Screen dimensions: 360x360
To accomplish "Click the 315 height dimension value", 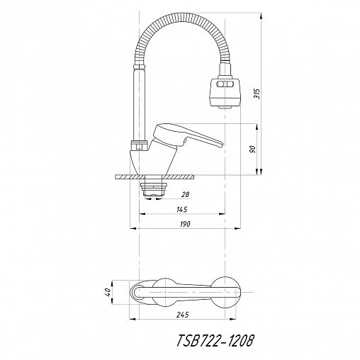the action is pyautogui.click(x=257, y=94).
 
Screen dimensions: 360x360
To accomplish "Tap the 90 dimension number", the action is pyautogui.click(x=252, y=150).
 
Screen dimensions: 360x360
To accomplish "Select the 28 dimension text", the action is pyautogui.click(x=186, y=195).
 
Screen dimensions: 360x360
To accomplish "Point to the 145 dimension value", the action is pyautogui.click(x=182, y=209).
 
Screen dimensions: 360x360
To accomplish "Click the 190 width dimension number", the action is pyautogui.click(x=184, y=224).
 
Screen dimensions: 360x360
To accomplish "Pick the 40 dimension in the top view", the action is pyautogui.click(x=108, y=293).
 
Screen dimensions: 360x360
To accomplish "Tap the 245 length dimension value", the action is pyautogui.click(x=183, y=315).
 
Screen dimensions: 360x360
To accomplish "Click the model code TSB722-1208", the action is pyautogui.click(x=215, y=341).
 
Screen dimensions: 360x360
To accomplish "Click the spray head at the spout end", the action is pyautogui.click(x=225, y=93).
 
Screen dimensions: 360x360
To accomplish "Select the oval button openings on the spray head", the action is pyautogui.click(x=225, y=84).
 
